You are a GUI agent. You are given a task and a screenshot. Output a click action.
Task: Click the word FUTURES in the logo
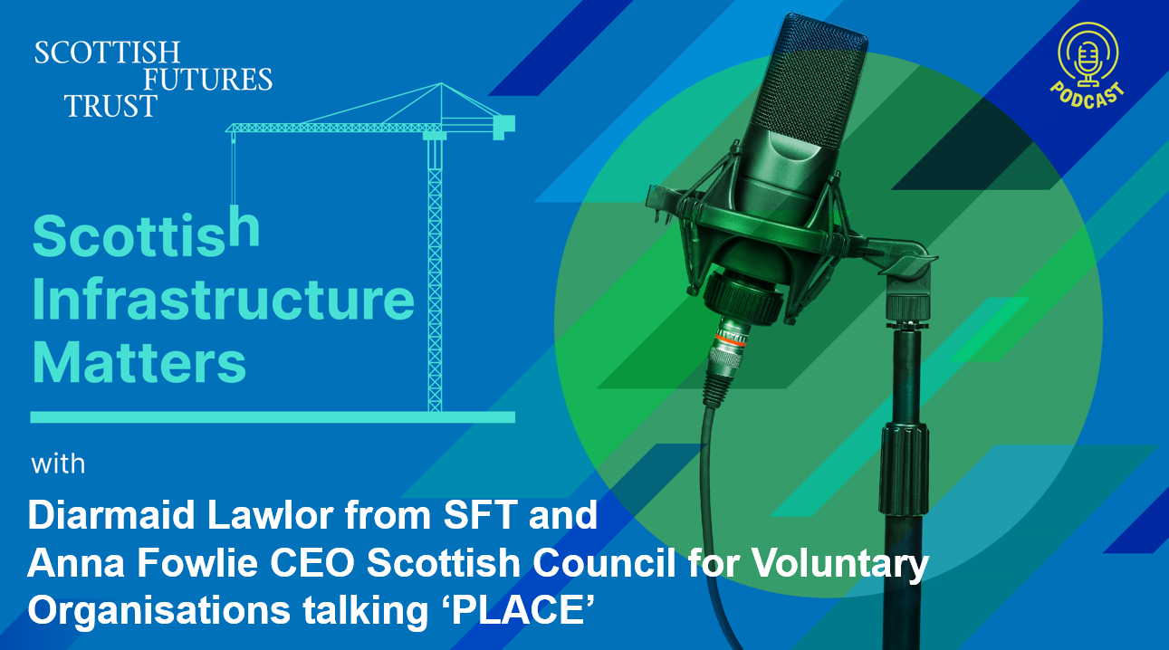(207, 79)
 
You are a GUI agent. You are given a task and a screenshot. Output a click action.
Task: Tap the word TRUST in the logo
(110, 106)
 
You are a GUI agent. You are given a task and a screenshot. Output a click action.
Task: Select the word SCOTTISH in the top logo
(107, 53)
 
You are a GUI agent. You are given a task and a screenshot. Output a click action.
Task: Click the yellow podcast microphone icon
(1088, 54)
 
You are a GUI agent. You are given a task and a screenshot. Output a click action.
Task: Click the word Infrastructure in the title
(223, 300)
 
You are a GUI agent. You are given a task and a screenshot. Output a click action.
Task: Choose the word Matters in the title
(139, 361)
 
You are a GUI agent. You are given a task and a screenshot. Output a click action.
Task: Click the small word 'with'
(58, 464)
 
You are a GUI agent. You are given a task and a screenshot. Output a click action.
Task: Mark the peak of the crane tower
(441, 83)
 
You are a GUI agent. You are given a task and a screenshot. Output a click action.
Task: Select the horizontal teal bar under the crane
(273, 417)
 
